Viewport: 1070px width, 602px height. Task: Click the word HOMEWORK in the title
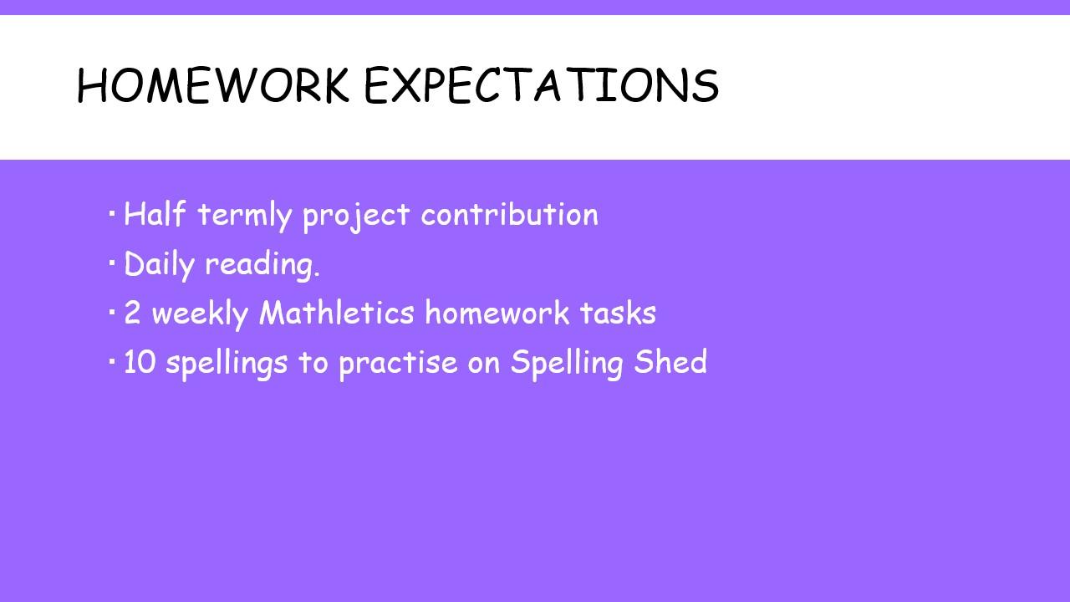pyautogui.click(x=213, y=85)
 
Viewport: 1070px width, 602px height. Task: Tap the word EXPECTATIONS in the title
pyautogui.click(x=542, y=85)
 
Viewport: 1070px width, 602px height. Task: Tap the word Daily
pyautogui.click(x=159, y=265)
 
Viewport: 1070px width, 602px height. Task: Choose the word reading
pyautogui.click(x=262, y=266)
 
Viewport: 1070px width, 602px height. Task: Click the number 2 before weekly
pyautogui.click(x=132, y=313)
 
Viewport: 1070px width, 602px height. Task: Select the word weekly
pyautogui.click(x=200, y=314)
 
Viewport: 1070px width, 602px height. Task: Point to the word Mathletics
pyautogui.click(x=337, y=313)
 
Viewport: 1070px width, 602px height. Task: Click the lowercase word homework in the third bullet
pyautogui.click(x=497, y=313)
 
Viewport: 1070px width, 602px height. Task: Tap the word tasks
pyautogui.click(x=618, y=313)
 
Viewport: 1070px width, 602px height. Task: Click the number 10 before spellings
pyautogui.click(x=140, y=362)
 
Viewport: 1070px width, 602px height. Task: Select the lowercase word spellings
pyautogui.click(x=227, y=364)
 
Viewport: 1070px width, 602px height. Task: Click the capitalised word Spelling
pyautogui.click(x=567, y=364)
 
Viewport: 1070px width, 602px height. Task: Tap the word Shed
pyautogui.click(x=670, y=361)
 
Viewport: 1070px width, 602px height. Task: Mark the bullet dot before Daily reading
pyautogui.click(x=112, y=263)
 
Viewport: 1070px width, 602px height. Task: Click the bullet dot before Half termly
pyautogui.click(x=112, y=213)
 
